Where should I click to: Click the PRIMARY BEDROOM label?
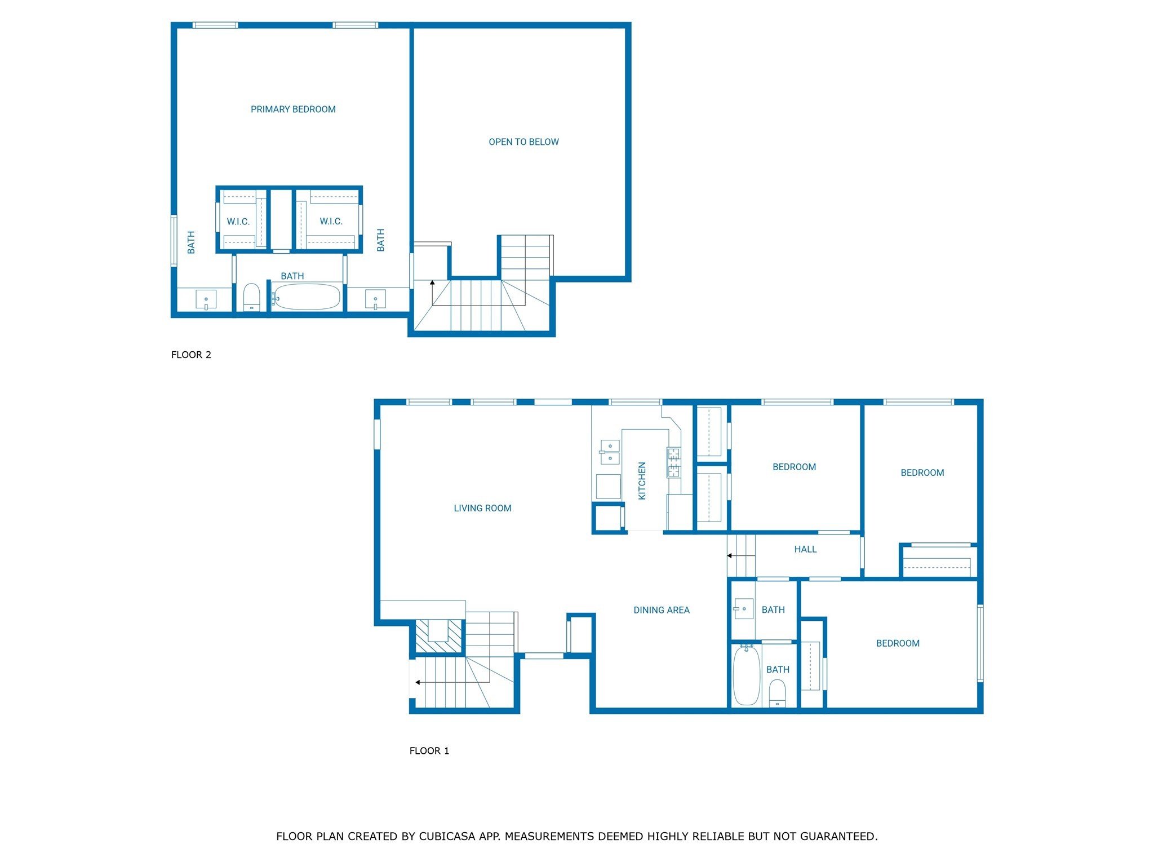(293, 109)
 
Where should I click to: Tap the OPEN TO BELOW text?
(523, 142)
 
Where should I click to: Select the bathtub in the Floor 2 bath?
(307, 297)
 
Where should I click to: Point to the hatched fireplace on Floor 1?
(438, 636)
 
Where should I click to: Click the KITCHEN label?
(642, 481)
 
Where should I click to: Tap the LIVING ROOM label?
(482, 508)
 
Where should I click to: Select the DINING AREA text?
(662, 610)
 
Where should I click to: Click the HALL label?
(805, 549)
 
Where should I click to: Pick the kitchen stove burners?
(673, 462)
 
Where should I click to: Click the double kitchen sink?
(610, 452)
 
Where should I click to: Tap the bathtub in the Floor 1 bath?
(747, 675)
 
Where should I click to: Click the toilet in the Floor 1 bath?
(777, 693)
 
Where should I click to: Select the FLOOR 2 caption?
(191, 355)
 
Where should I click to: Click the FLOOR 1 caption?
(429, 751)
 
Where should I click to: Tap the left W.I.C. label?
(238, 222)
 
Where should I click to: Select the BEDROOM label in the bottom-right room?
(898, 643)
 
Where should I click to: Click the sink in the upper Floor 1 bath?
(743, 609)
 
